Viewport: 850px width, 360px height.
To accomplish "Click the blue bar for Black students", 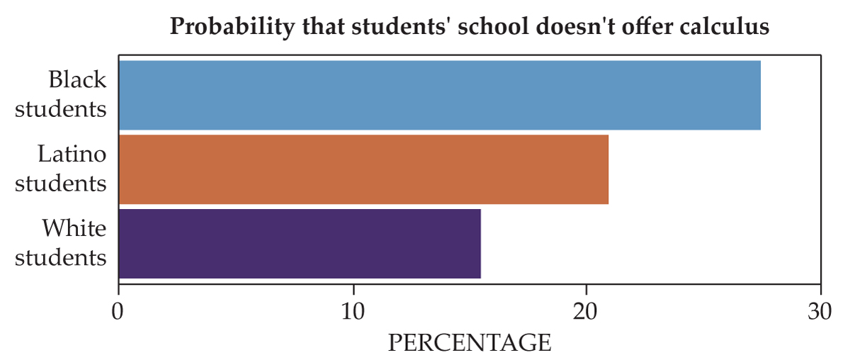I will [439, 96].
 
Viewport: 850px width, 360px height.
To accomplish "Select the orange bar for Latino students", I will [363, 169].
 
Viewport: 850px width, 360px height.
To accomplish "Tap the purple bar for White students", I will [300, 243].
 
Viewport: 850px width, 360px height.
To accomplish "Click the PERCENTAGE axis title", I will [469, 343].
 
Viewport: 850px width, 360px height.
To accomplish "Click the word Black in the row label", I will [77, 80].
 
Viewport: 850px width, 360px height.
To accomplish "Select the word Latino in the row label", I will [72, 154].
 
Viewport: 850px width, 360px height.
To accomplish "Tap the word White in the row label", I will [74, 228].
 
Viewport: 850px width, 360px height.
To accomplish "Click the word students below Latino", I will [61, 184].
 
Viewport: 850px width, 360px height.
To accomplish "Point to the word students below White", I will [61, 258].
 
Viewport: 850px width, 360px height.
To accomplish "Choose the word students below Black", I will [61, 110].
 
